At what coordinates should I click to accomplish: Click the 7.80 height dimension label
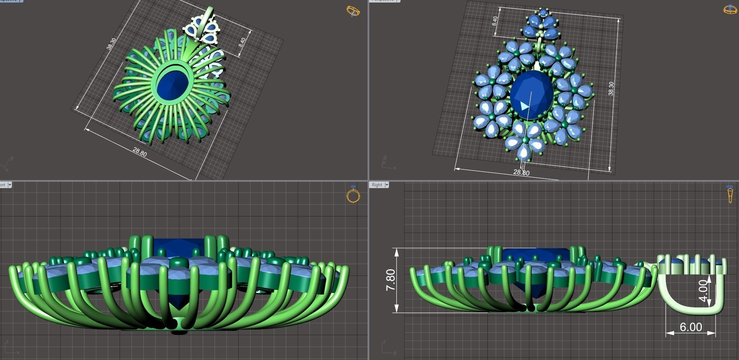[390, 280]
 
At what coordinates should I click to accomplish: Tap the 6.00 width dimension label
[691, 327]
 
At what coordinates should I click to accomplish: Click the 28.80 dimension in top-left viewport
[140, 152]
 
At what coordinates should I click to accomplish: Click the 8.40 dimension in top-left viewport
[242, 43]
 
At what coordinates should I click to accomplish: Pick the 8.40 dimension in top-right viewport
[495, 21]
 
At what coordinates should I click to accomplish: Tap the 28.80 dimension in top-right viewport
[521, 173]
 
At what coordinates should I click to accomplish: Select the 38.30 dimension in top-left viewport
[111, 44]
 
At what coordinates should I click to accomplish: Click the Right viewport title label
[377, 185]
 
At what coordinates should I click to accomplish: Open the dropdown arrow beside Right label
[387, 185]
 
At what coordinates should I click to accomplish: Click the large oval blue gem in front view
[532, 94]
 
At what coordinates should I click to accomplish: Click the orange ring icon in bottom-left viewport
[353, 195]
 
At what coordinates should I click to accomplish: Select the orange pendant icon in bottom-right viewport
[730, 194]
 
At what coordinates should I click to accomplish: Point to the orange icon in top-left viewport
[353, 11]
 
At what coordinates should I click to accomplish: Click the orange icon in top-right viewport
[730, 9]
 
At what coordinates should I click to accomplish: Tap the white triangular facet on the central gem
[524, 106]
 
